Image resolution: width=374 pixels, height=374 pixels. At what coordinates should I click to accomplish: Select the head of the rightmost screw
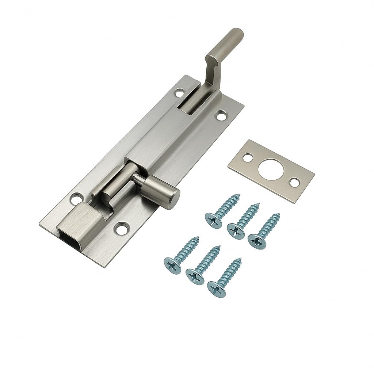(x=256, y=239)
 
